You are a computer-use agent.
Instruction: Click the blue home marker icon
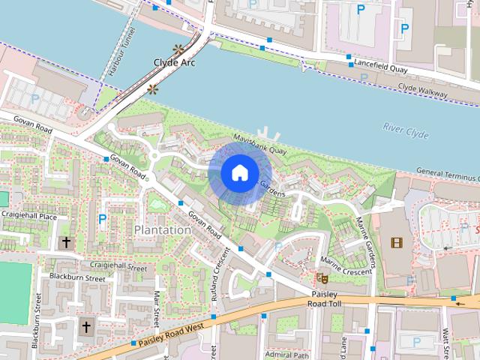click(x=239, y=173)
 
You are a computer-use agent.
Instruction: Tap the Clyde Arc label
click(x=174, y=63)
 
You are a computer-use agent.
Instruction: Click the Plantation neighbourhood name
click(x=162, y=229)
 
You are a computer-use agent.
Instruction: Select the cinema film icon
click(x=397, y=243)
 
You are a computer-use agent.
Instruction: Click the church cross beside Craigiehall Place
click(x=66, y=242)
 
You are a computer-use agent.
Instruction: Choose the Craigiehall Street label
click(x=118, y=265)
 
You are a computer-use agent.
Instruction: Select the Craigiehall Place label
click(x=28, y=217)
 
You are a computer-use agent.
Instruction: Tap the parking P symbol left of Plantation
click(x=102, y=219)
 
